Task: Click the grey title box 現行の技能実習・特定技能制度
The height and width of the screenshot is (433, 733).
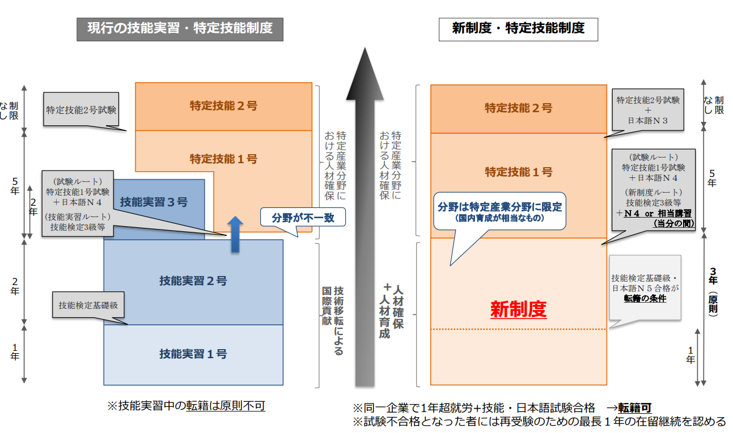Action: [180, 29]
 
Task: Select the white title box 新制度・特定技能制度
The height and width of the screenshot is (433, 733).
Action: [518, 29]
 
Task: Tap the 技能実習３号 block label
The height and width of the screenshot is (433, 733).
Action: [154, 202]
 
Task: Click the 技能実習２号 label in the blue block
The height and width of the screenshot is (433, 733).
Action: [193, 281]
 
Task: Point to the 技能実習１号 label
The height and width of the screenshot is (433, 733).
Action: [193, 354]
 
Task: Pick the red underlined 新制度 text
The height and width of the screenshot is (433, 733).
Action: [518, 309]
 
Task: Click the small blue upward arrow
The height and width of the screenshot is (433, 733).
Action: [235, 234]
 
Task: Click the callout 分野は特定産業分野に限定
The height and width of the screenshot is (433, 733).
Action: [499, 211]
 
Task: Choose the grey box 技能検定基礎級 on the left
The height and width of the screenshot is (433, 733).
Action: [88, 305]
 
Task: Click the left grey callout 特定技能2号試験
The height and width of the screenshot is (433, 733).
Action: [81, 109]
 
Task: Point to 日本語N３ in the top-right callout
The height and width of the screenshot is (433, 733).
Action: [647, 121]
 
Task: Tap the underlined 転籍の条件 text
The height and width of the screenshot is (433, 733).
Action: [645, 299]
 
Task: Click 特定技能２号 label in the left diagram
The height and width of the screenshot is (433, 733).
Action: [223, 106]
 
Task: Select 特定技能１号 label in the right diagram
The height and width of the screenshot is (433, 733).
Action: [518, 172]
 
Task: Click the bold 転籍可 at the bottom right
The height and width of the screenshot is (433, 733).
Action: [634, 408]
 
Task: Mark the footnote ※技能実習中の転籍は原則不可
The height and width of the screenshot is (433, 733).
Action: [186, 406]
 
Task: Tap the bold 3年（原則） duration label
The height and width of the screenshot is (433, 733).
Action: [713, 292]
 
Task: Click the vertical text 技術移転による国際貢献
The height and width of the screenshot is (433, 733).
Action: [333, 320]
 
